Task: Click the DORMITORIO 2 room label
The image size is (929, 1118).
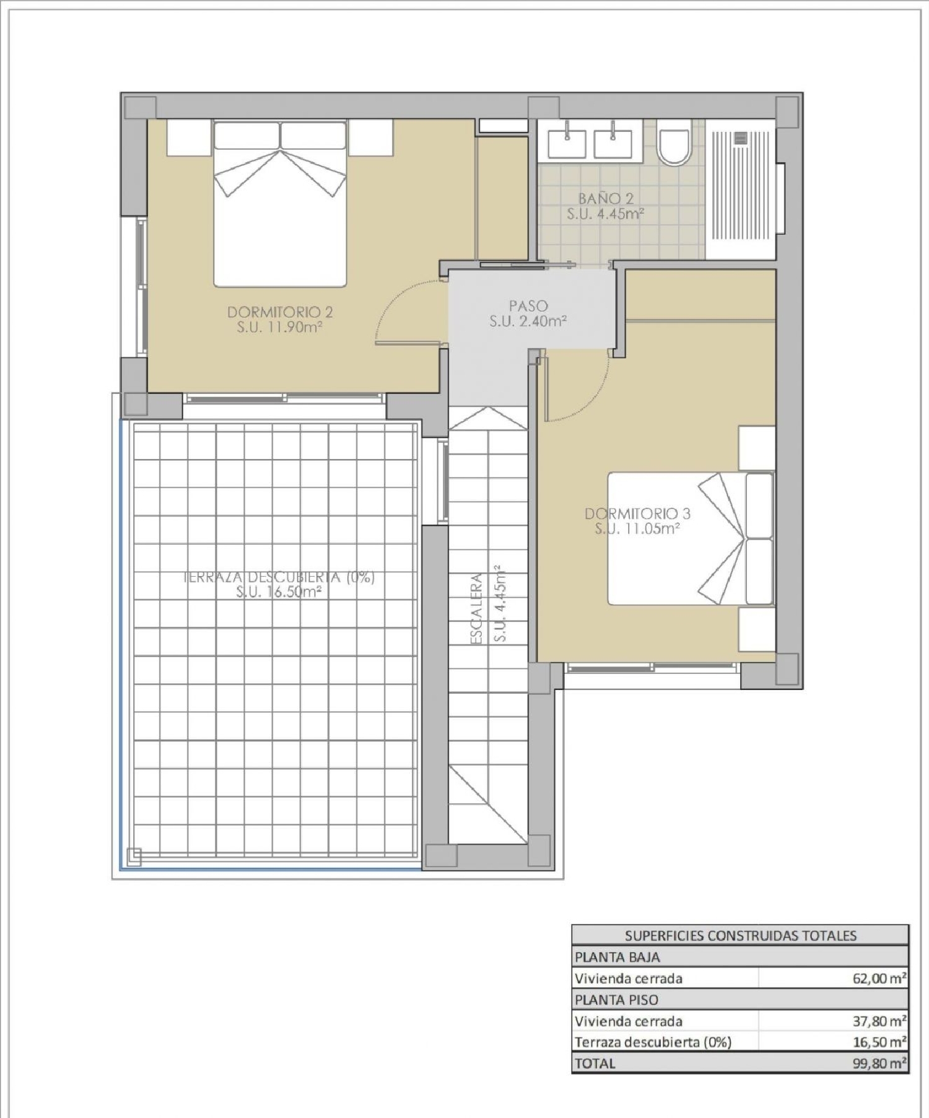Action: coord(280,312)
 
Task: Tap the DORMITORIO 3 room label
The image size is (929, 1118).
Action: coord(637,513)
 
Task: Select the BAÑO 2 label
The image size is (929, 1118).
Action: coord(606,199)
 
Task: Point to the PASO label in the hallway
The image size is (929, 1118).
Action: coord(528,306)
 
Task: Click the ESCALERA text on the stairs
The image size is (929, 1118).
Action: coord(476,608)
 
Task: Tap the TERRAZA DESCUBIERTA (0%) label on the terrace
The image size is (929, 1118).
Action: coord(279,577)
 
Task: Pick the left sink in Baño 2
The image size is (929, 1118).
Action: coord(567,142)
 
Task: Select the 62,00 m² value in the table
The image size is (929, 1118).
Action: coord(879,979)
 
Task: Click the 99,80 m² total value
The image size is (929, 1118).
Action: coord(879,1063)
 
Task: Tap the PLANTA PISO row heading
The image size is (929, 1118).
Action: coord(616,1000)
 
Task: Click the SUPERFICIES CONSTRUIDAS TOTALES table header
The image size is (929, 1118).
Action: coord(740,935)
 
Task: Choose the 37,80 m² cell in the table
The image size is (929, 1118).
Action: coord(879,1021)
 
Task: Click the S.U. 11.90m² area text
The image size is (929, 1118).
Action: coord(279,327)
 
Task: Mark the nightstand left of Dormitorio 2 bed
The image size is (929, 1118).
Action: coord(189,138)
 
